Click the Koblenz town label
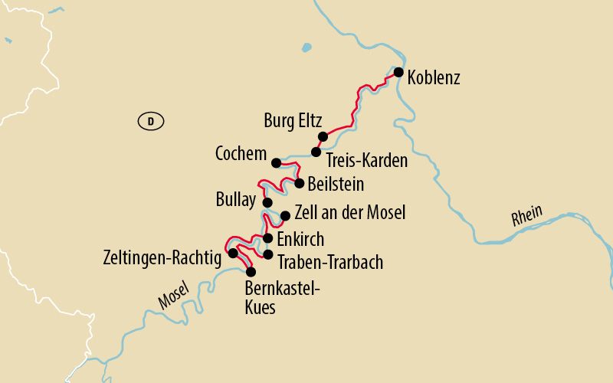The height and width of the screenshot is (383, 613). point(434,78)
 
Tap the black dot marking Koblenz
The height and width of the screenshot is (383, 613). point(398,72)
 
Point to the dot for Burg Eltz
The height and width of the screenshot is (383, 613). point(323,136)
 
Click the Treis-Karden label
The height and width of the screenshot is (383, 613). point(366,161)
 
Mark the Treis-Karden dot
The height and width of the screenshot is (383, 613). point(316,152)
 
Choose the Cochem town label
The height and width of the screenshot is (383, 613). point(241,154)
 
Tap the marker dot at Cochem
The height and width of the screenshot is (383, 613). point(276,162)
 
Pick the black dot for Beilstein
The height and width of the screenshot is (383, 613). point(300,183)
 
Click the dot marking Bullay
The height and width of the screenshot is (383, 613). point(267,202)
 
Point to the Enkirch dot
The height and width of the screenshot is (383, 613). point(267,237)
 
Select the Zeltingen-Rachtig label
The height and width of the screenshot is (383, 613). point(161,255)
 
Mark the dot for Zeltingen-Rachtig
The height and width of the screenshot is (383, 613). point(233,252)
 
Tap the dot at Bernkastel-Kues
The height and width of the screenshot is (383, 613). point(250,271)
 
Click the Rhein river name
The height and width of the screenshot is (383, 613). point(527,216)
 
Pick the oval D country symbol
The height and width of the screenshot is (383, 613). point(151,120)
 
